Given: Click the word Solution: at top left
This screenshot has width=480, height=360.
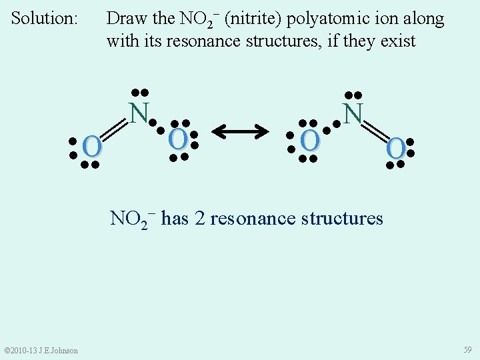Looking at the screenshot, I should (x=45, y=18).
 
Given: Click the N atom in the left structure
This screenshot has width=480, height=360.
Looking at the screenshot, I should (x=138, y=113).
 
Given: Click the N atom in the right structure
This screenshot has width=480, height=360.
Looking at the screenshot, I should (x=353, y=113).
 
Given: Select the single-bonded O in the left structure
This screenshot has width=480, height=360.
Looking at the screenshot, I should (x=177, y=139).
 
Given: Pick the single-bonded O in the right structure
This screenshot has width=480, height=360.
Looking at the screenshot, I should (x=309, y=140).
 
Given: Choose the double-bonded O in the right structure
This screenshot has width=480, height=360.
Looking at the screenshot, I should (x=395, y=148).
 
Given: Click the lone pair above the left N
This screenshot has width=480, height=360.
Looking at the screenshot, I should (x=139, y=92).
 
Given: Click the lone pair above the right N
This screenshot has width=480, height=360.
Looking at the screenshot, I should (x=353, y=95).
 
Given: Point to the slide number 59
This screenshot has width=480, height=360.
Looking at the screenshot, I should (x=468, y=349).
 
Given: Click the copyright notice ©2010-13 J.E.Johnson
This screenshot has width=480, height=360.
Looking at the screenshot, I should (x=41, y=351).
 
